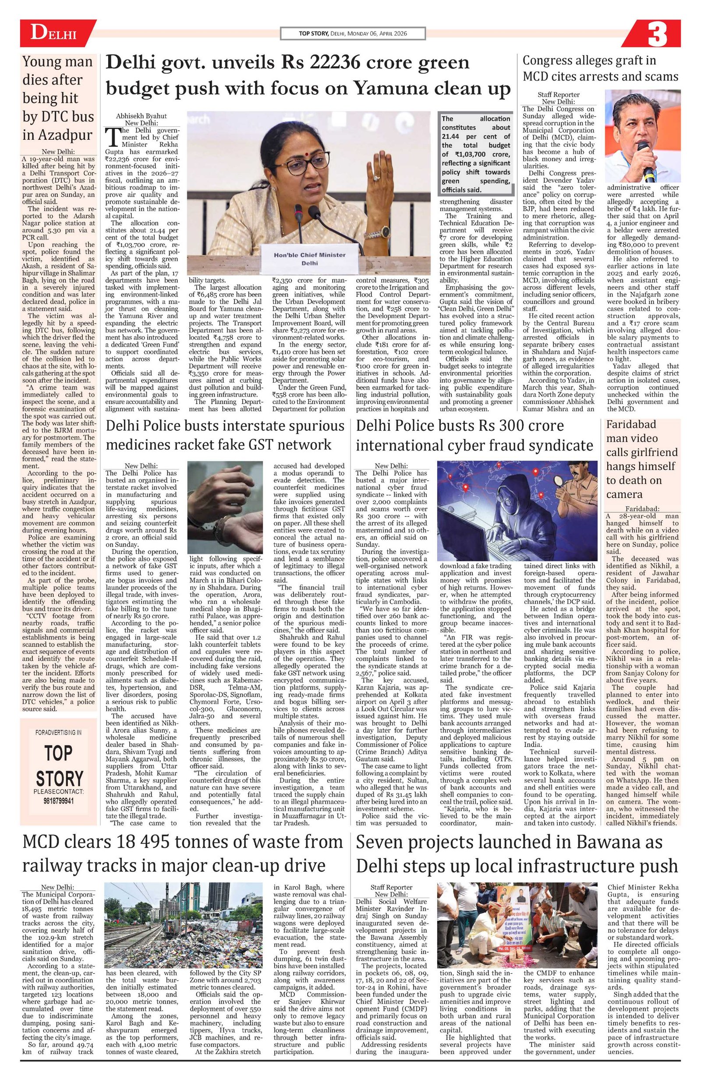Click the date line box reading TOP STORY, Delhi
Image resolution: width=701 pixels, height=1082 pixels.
click(352, 34)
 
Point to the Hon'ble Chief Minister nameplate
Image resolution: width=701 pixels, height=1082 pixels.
click(309, 259)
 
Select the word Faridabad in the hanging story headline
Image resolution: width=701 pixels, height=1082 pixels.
click(631, 424)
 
